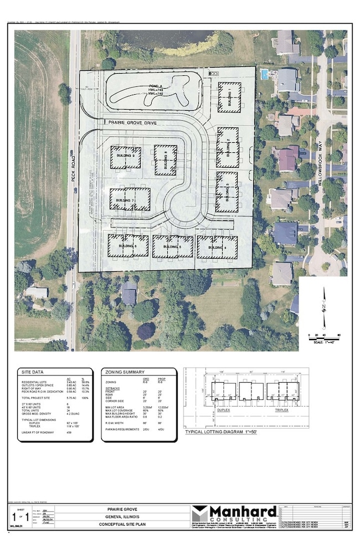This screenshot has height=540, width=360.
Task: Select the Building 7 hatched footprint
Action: pyautogui.click(x=130, y=199)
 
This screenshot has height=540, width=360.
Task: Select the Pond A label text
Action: pyautogui.click(x=157, y=86)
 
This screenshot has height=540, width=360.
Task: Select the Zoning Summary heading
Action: pyautogui.click(x=122, y=372)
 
